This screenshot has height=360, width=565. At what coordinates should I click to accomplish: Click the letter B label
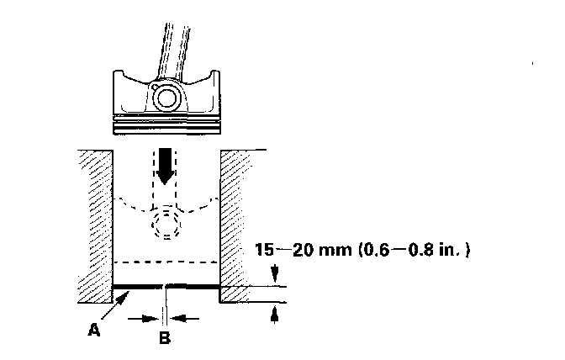[x=165, y=339]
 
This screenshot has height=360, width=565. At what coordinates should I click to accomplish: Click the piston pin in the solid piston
[x=166, y=98]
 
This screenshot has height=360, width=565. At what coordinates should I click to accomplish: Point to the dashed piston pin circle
[x=166, y=224]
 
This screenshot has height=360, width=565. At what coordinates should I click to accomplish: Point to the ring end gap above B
[x=166, y=287]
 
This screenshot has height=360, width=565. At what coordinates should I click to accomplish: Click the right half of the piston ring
[x=194, y=287]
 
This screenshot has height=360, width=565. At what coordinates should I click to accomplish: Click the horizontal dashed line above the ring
[x=166, y=262]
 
